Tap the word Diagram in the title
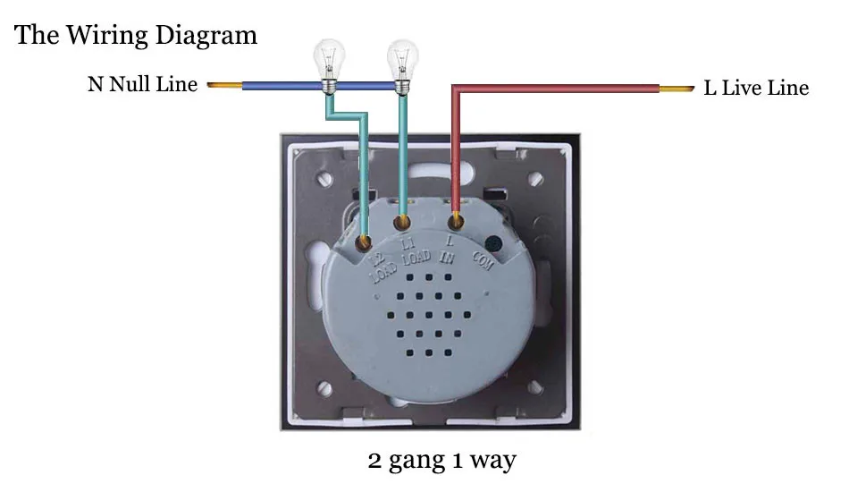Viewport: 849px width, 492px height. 206,36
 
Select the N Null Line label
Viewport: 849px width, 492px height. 142,84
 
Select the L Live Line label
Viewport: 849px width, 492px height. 756,88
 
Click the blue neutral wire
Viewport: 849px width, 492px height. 319,86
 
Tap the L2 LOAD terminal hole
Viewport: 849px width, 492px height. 364,242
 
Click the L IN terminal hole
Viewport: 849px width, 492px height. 456,221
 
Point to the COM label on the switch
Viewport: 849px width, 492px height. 483,260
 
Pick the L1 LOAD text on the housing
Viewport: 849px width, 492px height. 415,252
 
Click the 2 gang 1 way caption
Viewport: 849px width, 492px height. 441,461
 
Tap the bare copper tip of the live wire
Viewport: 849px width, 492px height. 677,89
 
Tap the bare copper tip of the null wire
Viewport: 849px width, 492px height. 224,85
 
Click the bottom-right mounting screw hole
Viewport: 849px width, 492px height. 535,386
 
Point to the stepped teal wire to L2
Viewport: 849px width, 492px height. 347,115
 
